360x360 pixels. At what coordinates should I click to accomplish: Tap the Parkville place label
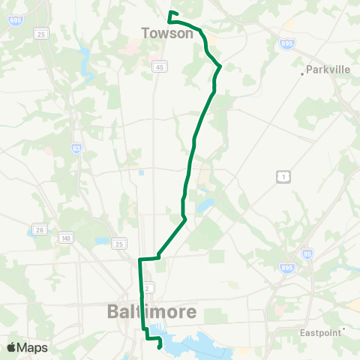[329, 70]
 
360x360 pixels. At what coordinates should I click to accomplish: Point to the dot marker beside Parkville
[303, 73]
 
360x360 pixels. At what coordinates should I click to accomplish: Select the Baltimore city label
[152, 310]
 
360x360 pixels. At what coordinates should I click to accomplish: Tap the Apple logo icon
[12, 348]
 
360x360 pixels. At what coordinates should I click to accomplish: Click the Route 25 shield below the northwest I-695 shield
[41, 34]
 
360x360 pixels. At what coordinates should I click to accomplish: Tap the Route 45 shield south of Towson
[159, 67]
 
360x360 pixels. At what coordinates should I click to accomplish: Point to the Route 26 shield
[40, 229]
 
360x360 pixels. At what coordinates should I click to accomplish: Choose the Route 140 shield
[67, 238]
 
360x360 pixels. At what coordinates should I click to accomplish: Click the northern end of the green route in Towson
[170, 13]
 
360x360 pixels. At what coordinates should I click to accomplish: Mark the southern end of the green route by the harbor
[160, 347]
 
